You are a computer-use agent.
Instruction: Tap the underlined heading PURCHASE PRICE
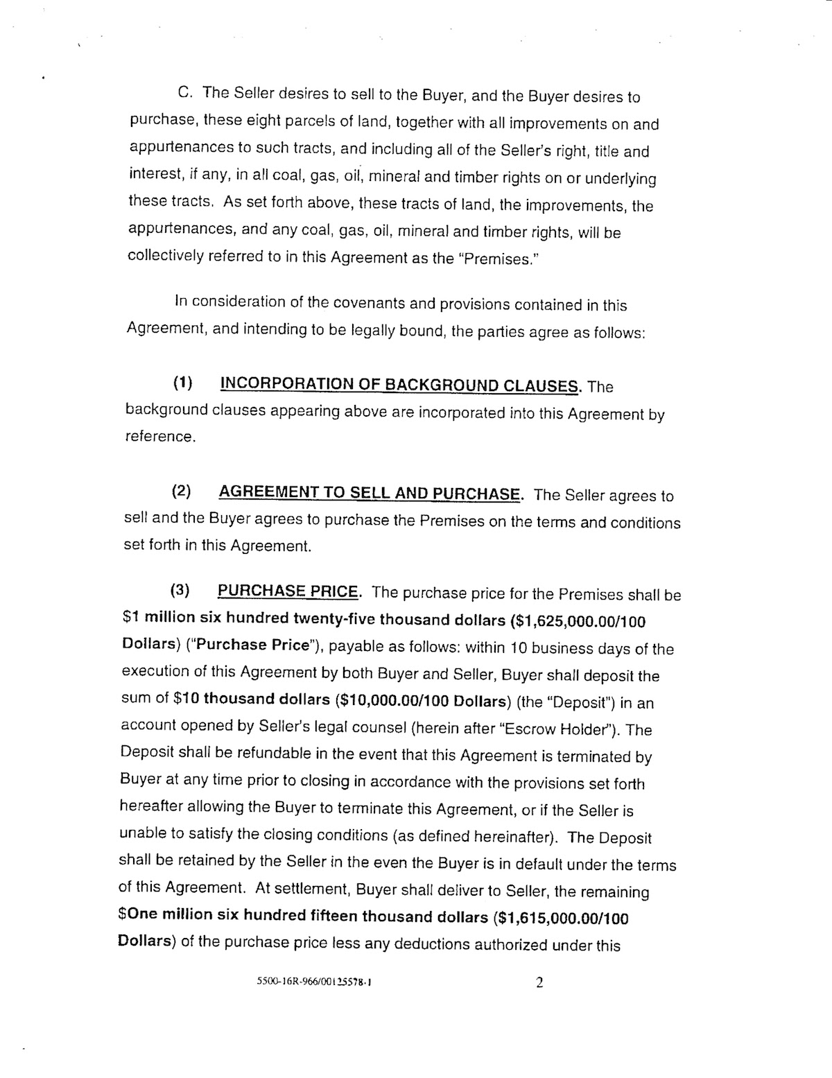(x=288, y=591)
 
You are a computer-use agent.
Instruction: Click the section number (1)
(x=182, y=383)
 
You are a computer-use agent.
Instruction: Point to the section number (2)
(x=182, y=493)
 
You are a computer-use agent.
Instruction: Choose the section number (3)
(x=181, y=591)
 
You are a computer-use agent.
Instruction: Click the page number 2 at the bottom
(x=540, y=983)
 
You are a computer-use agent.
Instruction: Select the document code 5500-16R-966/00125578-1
(x=311, y=983)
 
